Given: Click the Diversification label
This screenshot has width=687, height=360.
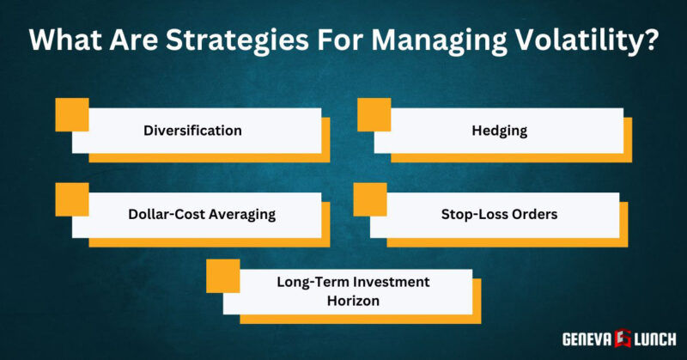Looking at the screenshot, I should click(192, 131).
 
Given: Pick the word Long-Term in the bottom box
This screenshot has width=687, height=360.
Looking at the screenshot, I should click(312, 282).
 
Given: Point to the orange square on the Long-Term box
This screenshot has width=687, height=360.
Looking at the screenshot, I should click(223, 274).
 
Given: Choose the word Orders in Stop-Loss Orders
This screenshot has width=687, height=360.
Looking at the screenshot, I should click(532, 214).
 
